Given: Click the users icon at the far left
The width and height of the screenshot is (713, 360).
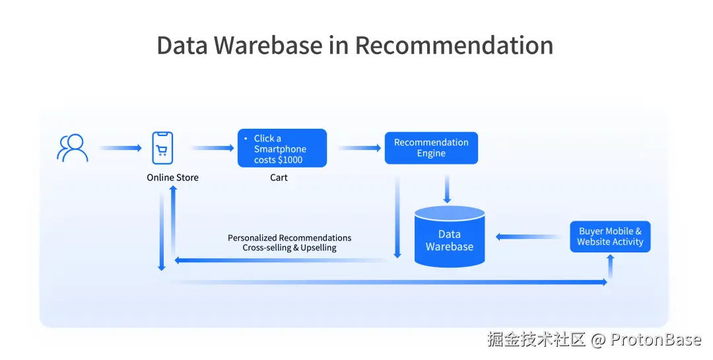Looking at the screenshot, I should (73, 148).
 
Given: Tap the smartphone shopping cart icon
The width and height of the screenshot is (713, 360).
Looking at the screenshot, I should (162, 148).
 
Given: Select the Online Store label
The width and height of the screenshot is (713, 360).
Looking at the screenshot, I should (172, 178).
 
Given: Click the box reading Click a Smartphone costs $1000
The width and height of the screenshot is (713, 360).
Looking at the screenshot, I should (282, 148).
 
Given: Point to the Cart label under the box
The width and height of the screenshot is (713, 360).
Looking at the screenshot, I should (279, 178).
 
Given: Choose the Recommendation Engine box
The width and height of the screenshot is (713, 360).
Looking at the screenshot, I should (431, 148).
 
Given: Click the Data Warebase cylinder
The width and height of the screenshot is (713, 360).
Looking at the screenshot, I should (450, 238).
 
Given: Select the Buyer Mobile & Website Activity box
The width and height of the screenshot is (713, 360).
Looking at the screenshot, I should (610, 236).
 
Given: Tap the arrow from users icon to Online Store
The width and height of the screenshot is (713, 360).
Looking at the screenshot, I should (120, 148).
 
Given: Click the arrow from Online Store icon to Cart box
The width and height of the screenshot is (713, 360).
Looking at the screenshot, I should (213, 148).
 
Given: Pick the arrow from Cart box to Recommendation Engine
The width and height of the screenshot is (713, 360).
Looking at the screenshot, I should (360, 148).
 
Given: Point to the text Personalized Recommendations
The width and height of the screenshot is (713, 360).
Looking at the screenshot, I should (289, 238).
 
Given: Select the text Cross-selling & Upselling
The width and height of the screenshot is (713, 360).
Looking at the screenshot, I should (289, 248).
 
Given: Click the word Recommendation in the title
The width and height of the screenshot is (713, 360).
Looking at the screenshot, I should (454, 45).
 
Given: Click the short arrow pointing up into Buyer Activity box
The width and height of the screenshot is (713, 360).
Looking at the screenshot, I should (610, 266).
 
